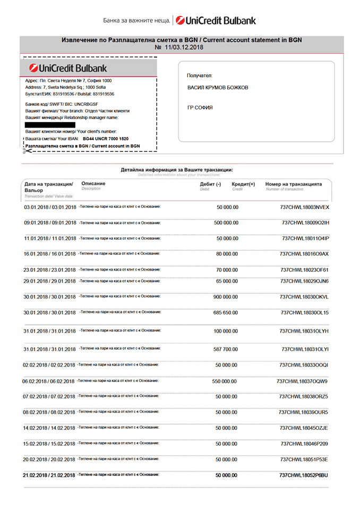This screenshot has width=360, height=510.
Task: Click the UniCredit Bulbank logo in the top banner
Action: (x=216, y=21)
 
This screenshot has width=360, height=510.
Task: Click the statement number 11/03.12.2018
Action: (x=179, y=47)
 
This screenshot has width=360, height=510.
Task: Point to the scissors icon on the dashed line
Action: (x=25, y=151)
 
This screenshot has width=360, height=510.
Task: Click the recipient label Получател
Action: (x=200, y=76)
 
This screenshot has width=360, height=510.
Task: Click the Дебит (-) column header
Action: (x=210, y=184)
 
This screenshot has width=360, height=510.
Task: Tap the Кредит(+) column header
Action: (x=243, y=184)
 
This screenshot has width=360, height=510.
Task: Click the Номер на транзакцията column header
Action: (x=294, y=184)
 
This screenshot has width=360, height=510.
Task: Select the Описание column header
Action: (x=93, y=183)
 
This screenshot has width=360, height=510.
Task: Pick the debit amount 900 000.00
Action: (x=226, y=297)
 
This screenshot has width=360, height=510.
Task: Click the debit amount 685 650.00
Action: (x=226, y=312)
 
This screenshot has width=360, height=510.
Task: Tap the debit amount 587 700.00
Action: (x=226, y=350)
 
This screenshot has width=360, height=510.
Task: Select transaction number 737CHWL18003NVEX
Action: (x=304, y=207)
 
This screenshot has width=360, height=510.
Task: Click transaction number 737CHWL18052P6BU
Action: (x=304, y=475)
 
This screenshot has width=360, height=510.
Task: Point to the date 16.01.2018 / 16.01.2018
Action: (x=50, y=254)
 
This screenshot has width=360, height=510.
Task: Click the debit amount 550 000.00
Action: (x=224, y=381)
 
